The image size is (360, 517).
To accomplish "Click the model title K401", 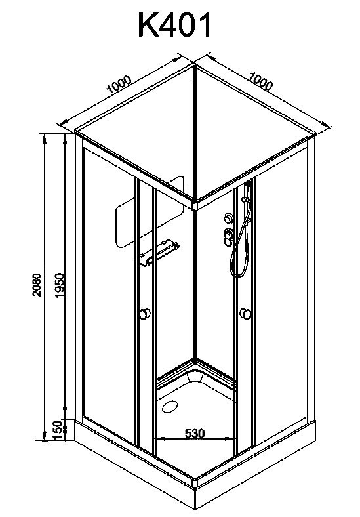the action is click(174, 25).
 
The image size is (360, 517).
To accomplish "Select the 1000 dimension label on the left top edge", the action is click(119, 85).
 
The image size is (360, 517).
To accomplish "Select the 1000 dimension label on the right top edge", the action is click(261, 81).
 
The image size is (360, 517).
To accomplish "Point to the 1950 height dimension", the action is click(59, 285).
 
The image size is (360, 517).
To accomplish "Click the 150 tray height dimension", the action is click(58, 430).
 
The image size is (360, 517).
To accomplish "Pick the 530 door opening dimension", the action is click(195, 433).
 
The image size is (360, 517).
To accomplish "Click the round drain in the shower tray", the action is click(170, 407).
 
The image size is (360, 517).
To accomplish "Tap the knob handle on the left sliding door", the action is click(144, 314).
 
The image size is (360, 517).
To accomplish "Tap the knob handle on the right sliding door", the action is click(246, 314).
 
